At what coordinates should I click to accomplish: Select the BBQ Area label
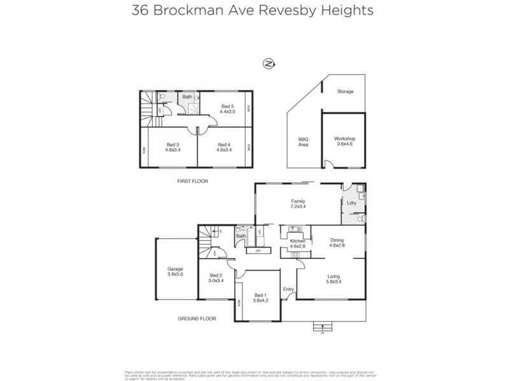pos(303,142)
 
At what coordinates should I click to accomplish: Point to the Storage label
pos(345,91)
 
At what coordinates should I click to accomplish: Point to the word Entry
pos(289,290)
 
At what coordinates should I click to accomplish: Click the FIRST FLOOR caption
pos(193,181)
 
